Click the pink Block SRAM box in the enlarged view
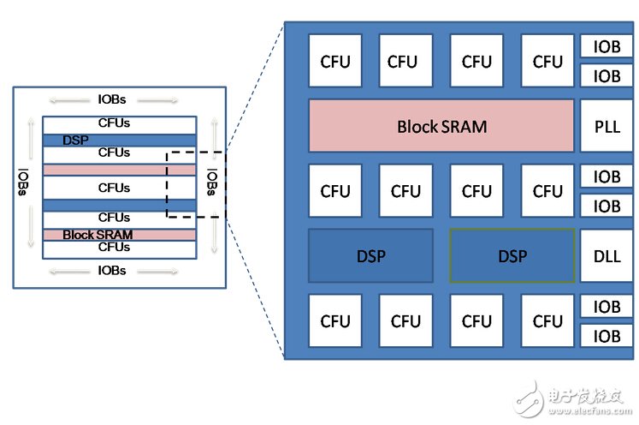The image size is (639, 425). [x=441, y=126]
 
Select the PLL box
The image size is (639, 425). [x=606, y=126]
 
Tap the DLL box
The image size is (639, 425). [x=606, y=255]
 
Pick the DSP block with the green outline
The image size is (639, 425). [x=512, y=255]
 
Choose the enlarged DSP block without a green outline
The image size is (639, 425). [x=370, y=255]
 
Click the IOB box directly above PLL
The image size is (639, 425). [x=606, y=76]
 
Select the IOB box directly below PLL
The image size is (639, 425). [x=606, y=177]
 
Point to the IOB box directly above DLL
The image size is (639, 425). [x=606, y=207]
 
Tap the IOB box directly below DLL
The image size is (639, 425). [x=606, y=307]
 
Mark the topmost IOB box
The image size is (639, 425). [x=606, y=46]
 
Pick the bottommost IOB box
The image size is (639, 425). [x=606, y=336]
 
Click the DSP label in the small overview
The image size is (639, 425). [x=76, y=140]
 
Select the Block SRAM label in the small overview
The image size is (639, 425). [x=98, y=235]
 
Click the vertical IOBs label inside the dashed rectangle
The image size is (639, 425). [x=211, y=181]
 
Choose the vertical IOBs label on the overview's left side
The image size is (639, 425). [x=22, y=181]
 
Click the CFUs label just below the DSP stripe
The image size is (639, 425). [x=114, y=153]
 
